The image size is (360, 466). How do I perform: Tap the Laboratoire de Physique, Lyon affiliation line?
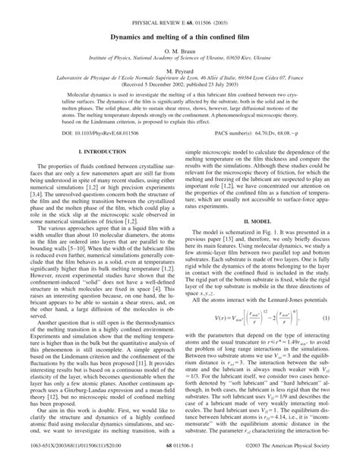coord(180,76)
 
